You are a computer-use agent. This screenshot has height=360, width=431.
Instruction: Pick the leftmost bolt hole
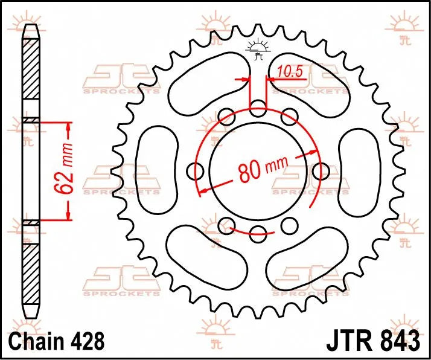click(x=196, y=172)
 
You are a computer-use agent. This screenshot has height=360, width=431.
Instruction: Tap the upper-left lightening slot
click(x=208, y=85)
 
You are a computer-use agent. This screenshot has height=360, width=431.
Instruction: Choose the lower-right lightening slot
click(x=308, y=257)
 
